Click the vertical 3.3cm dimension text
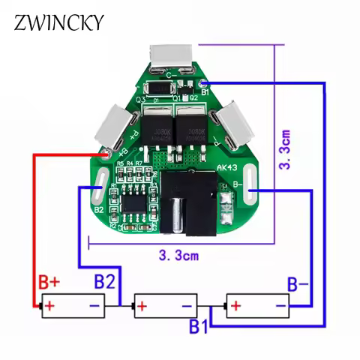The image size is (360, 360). click(x=286, y=149)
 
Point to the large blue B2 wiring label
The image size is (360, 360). click(x=104, y=283)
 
